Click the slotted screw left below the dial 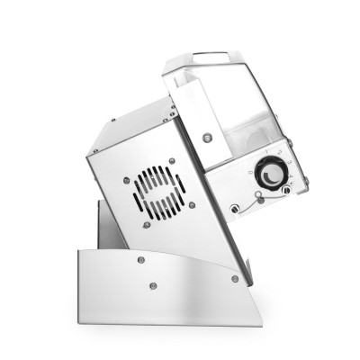tap(235, 209)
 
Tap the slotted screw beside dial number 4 tap(287, 189)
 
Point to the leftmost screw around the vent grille tap(126, 181)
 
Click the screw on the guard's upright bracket tap(207, 137)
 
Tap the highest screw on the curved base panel tap(141, 260)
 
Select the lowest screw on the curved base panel tap(150, 287)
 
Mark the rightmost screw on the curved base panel tap(235, 279)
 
